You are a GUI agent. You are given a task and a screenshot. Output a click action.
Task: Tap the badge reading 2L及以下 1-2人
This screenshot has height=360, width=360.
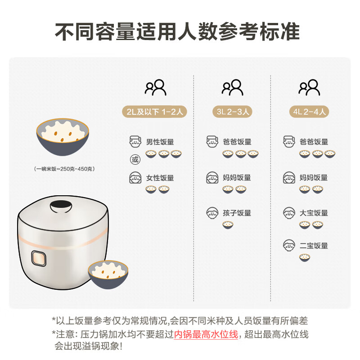coord(155,112)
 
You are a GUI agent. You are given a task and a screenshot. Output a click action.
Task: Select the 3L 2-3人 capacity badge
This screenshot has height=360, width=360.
coord(232,112)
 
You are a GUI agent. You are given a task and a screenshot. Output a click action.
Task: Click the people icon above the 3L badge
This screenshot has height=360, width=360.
coord(232,87)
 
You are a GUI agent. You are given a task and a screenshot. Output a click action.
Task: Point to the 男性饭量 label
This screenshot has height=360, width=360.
coord(160,142)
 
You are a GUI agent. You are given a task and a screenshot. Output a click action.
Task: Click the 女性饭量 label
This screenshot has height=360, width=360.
coord(160,178)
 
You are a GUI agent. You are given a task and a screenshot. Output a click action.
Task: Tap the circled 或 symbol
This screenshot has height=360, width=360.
coord(135,159)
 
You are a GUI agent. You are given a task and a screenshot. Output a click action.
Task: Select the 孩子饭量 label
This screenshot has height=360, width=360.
coord(237,213)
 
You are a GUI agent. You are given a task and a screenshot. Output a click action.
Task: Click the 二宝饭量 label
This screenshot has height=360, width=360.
coord(314,246)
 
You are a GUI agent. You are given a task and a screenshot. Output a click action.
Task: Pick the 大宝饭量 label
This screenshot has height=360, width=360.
coord(314,213)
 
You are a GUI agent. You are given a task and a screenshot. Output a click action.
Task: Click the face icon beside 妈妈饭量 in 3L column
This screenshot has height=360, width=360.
coord(212,177)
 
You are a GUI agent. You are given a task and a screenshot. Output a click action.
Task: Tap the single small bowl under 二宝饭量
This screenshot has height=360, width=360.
coord(305,258)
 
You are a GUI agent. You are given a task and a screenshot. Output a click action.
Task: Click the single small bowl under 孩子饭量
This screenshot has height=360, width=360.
coord(228,225)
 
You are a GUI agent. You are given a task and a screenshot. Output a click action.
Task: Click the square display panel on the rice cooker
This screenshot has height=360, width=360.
coord(39,260)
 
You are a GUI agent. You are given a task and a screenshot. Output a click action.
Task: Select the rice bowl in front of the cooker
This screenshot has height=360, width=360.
coord(108,275)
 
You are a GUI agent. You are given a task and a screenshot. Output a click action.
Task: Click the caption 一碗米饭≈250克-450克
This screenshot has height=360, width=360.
coord(64,169)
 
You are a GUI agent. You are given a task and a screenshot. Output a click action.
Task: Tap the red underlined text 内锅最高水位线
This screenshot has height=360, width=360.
coord(206,334)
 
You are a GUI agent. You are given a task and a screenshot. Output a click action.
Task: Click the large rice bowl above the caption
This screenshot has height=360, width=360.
coord(62,134)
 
